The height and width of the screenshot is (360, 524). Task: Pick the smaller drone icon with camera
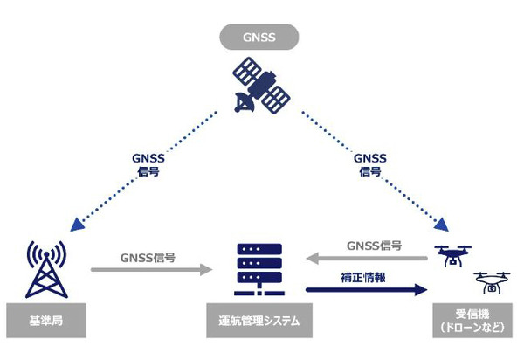click(492, 282)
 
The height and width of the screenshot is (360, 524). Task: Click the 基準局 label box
click(45, 321)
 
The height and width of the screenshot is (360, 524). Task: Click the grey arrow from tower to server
click(149, 269)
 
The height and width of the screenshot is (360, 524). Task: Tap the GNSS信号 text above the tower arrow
click(148, 256)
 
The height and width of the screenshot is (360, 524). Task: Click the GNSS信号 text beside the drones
click(374, 246)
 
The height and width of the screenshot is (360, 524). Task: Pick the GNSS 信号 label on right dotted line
click(369, 165)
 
